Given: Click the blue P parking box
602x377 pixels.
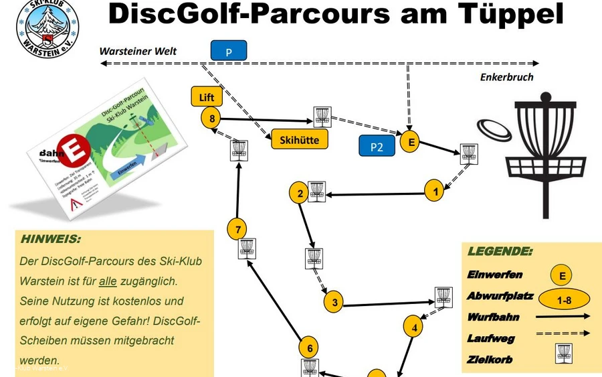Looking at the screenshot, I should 229,50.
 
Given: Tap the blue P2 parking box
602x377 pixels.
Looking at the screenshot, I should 377,146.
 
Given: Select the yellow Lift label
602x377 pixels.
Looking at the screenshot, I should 207,97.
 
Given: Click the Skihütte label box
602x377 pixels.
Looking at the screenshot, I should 295,139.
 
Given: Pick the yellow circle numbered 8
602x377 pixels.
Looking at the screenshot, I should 211,119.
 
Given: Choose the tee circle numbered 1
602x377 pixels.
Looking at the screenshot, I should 435,191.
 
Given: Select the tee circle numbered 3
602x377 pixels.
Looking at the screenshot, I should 333,303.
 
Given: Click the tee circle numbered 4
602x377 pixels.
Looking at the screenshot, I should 414,327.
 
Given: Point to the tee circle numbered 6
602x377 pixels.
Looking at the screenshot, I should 308,348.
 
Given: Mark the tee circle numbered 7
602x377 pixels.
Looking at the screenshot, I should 237,229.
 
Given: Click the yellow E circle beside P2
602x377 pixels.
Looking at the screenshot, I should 411,142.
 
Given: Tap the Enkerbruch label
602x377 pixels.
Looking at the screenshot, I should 506,78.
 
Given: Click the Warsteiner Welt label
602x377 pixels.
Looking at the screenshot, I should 138,51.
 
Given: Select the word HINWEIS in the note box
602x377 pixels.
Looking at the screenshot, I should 51,239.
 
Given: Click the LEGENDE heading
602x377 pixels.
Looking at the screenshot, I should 500,252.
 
